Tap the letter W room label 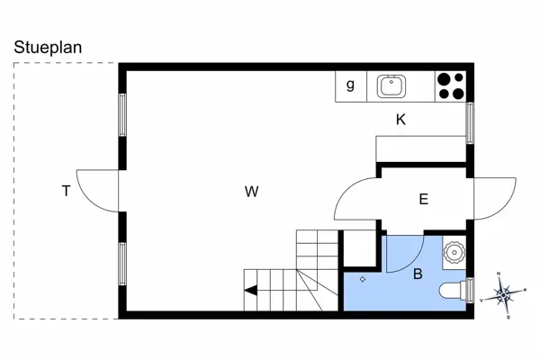tap(252, 191)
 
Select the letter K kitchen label tap(400, 120)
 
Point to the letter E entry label tap(423, 200)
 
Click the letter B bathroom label tap(418, 274)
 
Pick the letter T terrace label tap(66, 191)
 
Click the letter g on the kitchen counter tap(350, 86)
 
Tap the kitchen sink tap(391, 86)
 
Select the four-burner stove tap(450, 85)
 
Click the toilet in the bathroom tap(454, 290)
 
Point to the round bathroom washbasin tap(455, 252)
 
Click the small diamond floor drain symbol tap(363, 279)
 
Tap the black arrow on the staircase tap(251, 290)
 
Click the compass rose tap(505, 293)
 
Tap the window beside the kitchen tap(469, 121)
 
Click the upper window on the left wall tap(122, 114)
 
